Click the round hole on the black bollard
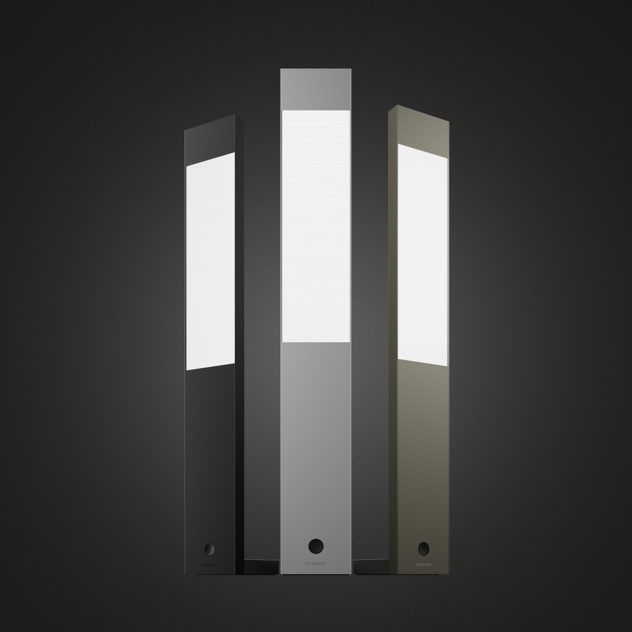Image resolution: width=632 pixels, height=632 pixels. click(210, 549)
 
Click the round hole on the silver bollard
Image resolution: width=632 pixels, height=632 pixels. click(315, 546)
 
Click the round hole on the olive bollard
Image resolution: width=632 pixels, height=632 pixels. click(423, 548)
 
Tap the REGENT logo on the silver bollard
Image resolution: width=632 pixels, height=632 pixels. click(315, 563)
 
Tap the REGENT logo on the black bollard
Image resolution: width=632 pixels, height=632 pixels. click(210, 564)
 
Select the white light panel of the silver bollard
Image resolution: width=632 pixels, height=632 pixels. click(316, 226)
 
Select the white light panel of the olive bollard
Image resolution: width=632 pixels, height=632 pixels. click(423, 254)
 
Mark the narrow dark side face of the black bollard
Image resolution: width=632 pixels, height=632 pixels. click(239, 346)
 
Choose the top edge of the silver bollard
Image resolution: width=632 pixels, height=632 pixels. click(316, 69)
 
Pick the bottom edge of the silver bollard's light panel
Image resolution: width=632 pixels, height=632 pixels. click(316, 342)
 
